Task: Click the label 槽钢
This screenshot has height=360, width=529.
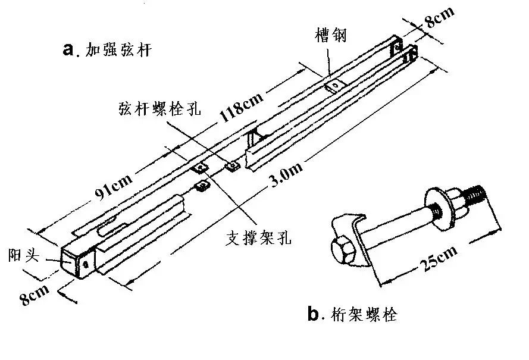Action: click(331, 36)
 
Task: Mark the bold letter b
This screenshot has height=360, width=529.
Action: click(314, 314)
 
